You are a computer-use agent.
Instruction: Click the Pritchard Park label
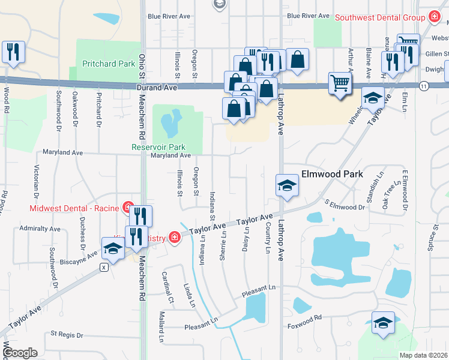click(100, 63)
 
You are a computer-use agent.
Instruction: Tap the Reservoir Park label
click(158, 147)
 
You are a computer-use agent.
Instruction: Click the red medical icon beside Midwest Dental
click(127, 208)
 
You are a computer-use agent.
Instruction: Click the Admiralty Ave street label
click(40, 229)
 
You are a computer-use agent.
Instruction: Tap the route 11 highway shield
click(424, 87)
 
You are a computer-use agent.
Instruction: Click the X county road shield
click(104, 268)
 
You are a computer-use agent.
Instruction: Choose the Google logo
click(20, 353)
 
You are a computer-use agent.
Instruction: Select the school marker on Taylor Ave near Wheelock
click(373, 97)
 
